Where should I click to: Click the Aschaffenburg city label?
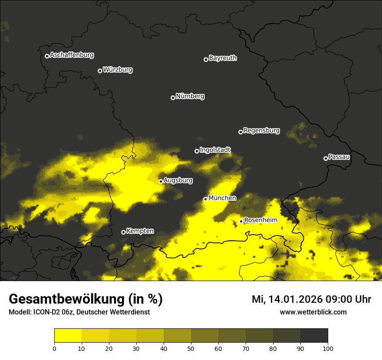pos(72,55)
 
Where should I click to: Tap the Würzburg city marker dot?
pos(100,71)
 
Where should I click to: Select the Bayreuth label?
pos(223,58)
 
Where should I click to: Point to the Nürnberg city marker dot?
pos(173,98)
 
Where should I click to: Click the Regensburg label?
pos(261,131)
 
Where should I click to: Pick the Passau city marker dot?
pos(326,158)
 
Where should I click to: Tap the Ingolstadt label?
pos(215,150)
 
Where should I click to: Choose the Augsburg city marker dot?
pos(161,181)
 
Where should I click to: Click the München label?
pos(222,198)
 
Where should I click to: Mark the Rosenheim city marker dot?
pos(241,221)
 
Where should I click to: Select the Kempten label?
pos(140,231)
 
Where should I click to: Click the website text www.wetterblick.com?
pos(313,312)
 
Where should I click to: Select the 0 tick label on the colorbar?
pos(54,348)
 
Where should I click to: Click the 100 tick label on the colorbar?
pos(328,348)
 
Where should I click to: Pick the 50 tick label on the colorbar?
pos(191,348)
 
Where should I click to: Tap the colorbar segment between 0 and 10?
pos(68,336)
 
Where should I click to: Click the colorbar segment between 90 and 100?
pos(314,336)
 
